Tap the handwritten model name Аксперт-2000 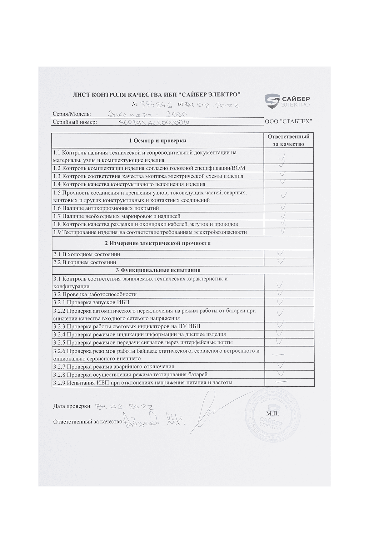147,114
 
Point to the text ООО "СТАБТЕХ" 288,121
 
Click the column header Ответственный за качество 288,140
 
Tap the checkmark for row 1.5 284,195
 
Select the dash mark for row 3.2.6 278,354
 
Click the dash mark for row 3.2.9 281,381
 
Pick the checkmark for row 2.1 281,253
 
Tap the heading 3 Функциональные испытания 158,270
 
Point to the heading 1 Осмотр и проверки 158,140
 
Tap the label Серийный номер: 75,122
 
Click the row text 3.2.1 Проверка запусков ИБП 91,302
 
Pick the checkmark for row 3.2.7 281,365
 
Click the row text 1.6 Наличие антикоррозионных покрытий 106,208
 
